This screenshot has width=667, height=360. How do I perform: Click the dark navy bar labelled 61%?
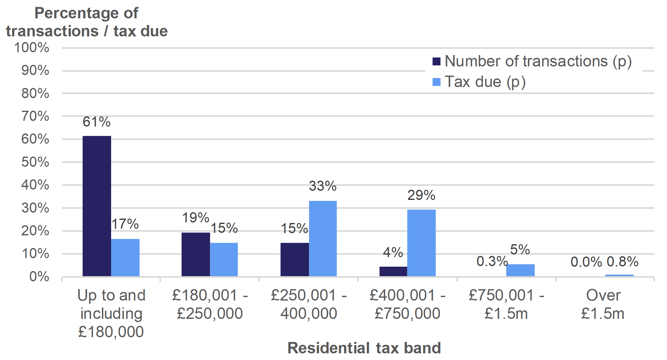(97, 206)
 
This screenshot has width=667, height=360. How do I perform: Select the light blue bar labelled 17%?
(125, 258)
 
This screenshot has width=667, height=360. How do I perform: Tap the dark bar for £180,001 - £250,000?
(196, 254)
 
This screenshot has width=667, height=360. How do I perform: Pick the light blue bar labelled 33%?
(323, 239)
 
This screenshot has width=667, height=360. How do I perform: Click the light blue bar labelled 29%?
(421, 243)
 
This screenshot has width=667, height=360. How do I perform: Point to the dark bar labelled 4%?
(393, 271)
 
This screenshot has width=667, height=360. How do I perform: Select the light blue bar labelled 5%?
(520, 270)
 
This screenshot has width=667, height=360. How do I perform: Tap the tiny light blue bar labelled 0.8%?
(619, 276)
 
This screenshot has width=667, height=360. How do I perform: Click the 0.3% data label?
(492, 262)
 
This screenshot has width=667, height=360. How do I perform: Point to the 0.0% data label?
(586, 262)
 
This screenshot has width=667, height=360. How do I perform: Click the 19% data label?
(195, 218)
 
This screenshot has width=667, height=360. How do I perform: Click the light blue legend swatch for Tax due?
(436, 82)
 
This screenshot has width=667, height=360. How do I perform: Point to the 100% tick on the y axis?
(32, 48)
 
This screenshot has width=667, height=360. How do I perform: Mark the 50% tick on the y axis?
(35, 162)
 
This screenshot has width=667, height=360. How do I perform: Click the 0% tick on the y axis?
(39, 277)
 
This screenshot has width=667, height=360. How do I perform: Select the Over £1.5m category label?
(603, 304)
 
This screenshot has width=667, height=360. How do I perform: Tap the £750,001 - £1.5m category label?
(506, 304)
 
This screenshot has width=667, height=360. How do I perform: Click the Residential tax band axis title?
(364, 348)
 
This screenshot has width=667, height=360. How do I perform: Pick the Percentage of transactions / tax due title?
(86, 22)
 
